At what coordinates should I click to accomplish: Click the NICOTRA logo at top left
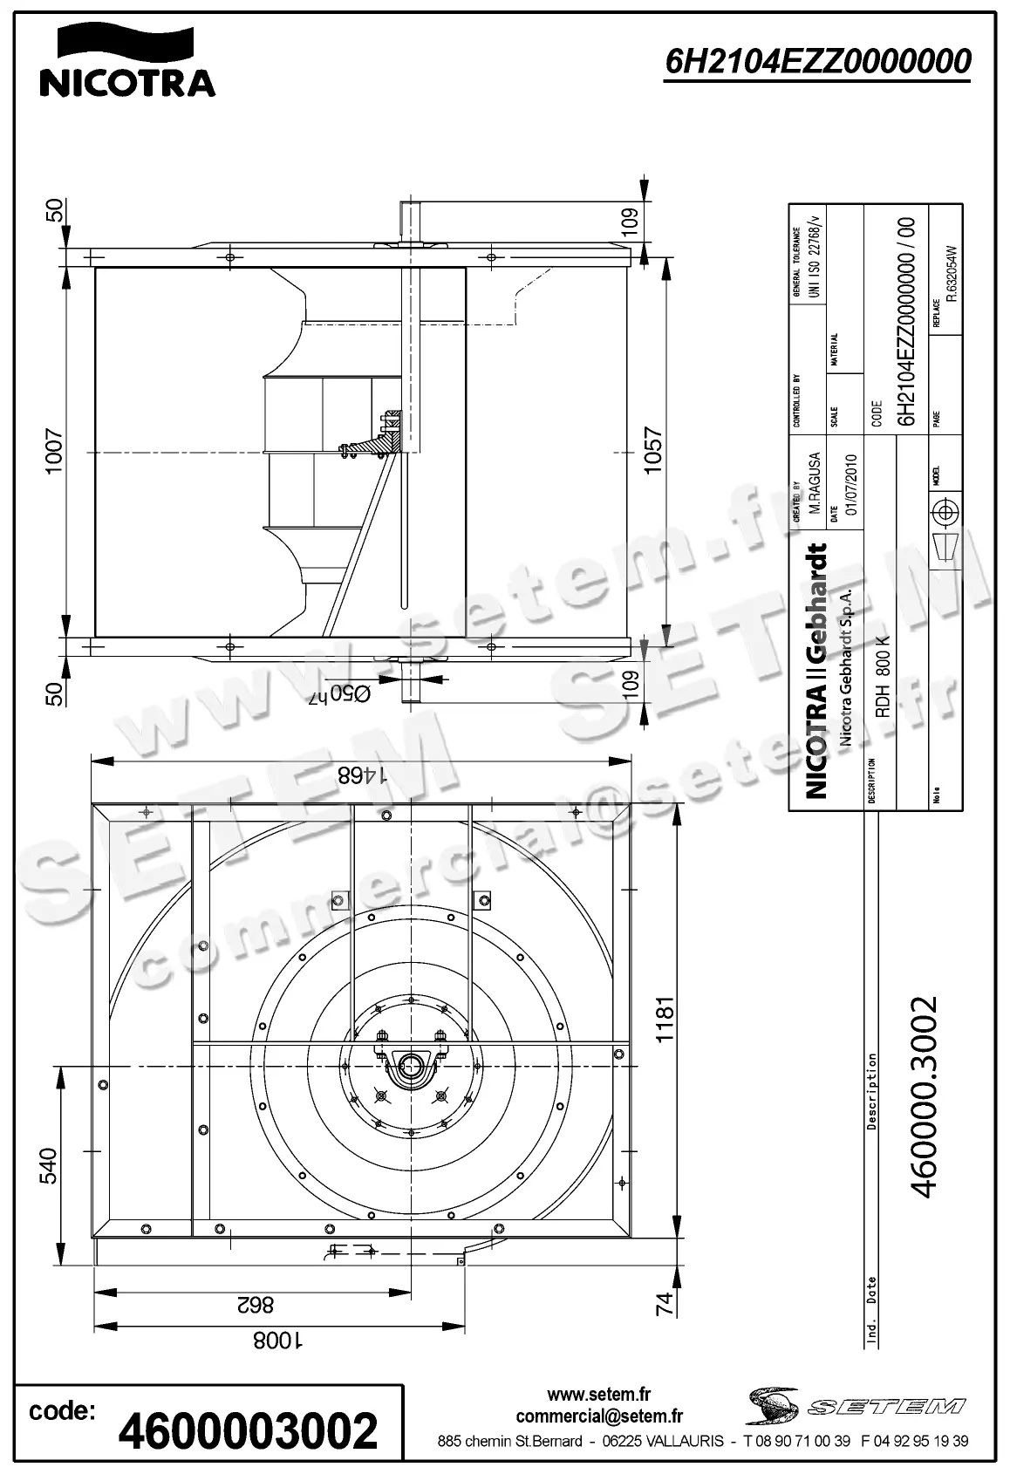pyautogui.click(x=127, y=61)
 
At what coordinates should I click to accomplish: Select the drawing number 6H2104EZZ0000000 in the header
pyautogui.click(x=817, y=62)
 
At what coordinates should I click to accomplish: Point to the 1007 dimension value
pyautogui.click(x=54, y=451)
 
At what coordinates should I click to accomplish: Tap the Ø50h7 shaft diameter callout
pyautogui.click(x=339, y=693)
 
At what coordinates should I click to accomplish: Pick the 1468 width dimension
pyautogui.click(x=361, y=775)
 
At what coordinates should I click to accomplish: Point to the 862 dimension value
pyautogui.click(x=254, y=1306)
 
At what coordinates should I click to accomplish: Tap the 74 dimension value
pyautogui.click(x=665, y=1304)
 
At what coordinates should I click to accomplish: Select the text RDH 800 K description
pyautogui.click(x=882, y=677)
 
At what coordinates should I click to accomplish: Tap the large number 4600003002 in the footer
pyautogui.click(x=249, y=1431)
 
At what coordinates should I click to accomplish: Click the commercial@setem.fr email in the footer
pyautogui.click(x=599, y=1416)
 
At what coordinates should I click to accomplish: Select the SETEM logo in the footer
pyautogui.click(x=855, y=1405)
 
